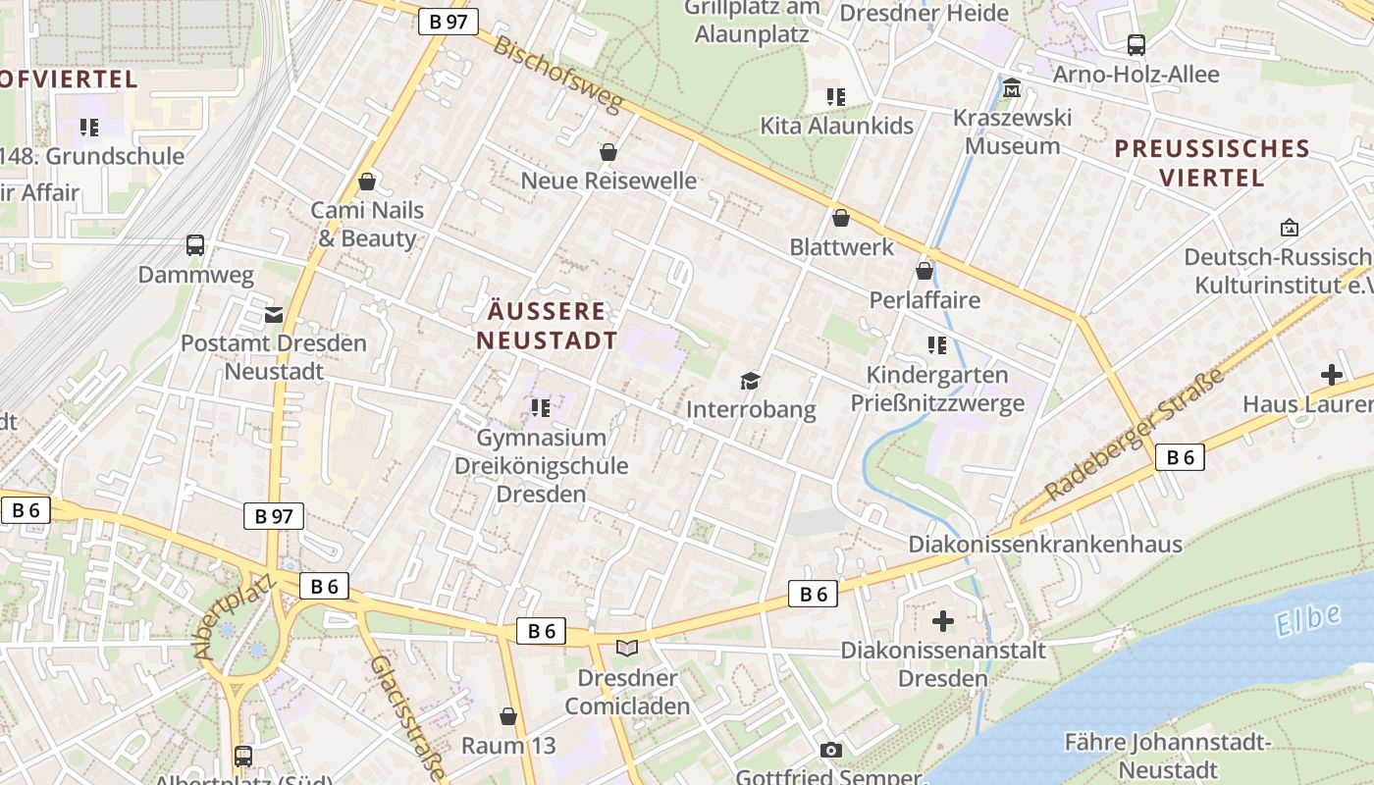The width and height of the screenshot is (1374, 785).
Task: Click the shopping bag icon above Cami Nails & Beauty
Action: point(367,182)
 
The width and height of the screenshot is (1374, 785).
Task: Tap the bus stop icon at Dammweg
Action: point(195,245)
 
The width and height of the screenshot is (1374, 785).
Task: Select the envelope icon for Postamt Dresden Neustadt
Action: point(274,315)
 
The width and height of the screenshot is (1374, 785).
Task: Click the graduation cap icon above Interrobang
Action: point(751,381)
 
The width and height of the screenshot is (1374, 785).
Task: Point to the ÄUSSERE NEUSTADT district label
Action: point(548,326)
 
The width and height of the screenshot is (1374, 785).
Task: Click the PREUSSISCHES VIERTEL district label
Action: point(1212,163)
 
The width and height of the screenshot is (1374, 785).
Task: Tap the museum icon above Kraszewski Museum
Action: point(1012,89)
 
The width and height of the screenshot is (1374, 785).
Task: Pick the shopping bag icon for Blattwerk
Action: point(841,218)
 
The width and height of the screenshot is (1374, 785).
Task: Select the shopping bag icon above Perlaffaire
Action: point(925,271)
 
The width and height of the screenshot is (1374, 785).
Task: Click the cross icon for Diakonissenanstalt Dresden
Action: point(943,621)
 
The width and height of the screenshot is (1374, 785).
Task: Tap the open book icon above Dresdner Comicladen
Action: point(627,649)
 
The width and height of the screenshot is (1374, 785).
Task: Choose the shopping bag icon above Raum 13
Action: point(508,716)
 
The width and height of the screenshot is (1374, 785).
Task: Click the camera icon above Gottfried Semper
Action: point(831,751)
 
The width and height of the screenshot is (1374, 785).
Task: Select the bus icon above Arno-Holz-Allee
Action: point(1136,45)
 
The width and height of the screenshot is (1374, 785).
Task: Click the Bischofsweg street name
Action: point(558,75)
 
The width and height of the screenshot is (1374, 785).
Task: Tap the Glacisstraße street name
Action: point(406,718)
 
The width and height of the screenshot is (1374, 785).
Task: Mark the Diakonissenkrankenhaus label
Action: point(1045,545)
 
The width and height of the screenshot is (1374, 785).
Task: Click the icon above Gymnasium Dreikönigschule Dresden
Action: point(540,407)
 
